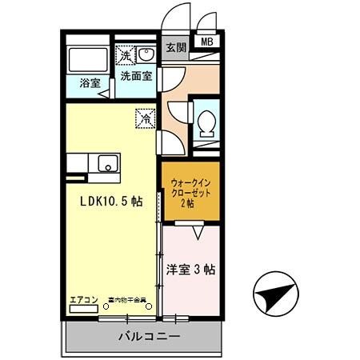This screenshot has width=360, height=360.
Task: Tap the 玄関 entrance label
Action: pyautogui.click(x=175, y=47)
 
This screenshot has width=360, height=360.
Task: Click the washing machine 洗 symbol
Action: pyautogui.click(x=126, y=55)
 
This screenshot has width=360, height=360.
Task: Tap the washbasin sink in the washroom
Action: pyautogui.click(x=146, y=54)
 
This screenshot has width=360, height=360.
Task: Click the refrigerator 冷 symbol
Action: pyautogui.click(x=146, y=116)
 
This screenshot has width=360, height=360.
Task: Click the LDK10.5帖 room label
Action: pyautogui.click(x=110, y=202)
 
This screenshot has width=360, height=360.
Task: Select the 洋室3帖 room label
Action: pyautogui.click(x=190, y=269)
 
